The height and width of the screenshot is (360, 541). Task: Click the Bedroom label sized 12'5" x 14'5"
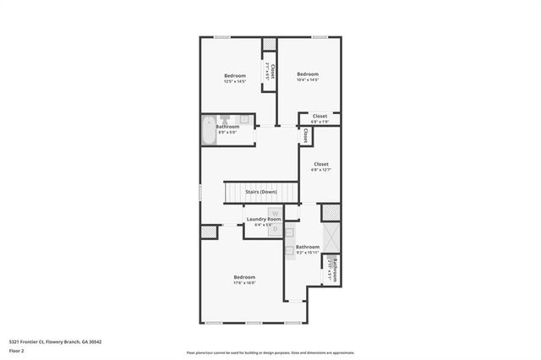[235, 76]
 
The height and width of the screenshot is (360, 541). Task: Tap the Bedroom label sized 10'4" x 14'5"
[308, 74]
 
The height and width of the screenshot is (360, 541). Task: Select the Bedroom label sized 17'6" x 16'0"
[243, 276]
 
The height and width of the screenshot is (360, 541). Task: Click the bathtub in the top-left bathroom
[209, 132]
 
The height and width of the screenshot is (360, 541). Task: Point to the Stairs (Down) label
[261, 192]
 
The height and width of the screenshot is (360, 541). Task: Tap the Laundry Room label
[263, 220]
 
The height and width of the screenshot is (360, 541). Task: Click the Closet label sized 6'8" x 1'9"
[320, 117]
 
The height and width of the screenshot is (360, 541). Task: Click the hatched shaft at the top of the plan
[270, 45]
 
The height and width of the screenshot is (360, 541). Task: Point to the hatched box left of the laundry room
[208, 232]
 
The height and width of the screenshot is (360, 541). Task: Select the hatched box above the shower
[330, 213]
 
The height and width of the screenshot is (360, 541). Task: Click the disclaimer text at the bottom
[270, 352]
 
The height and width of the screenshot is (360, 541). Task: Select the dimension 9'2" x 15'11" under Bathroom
[307, 253]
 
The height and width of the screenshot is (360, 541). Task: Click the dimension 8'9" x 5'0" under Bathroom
[227, 132]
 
